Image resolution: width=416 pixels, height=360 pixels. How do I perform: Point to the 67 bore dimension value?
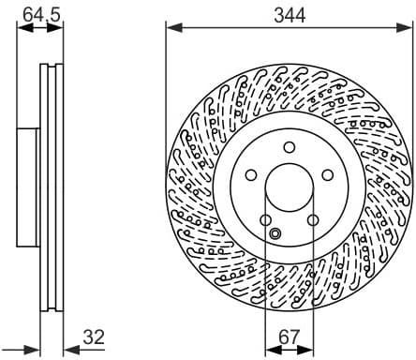[x=289, y=337]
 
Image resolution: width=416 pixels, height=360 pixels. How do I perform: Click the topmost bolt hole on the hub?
[x=289, y=145]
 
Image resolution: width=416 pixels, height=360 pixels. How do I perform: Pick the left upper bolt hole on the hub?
[x=251, y=174]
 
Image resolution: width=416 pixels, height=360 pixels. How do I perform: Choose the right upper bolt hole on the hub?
[x=327, y=174]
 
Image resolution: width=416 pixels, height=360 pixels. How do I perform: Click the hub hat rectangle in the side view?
[x=28, y=187]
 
